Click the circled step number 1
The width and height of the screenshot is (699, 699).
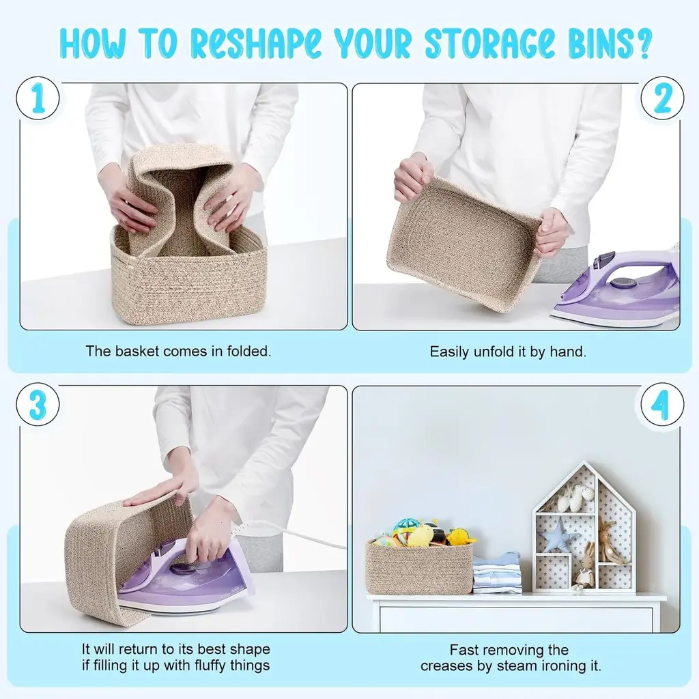click(x=38, y=98)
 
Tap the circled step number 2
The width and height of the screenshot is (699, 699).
click(x=662, y=98)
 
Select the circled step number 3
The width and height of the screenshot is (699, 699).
click(x=38, y=404)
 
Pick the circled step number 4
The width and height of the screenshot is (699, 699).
click(x=662, y=404)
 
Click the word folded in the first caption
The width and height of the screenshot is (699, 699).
click(x=248, y=352)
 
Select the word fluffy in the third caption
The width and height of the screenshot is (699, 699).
click(x=208, y=666)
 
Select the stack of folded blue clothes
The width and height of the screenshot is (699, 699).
click(x=497, y=573)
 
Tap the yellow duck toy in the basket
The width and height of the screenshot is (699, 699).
click(x=420, y=536)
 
